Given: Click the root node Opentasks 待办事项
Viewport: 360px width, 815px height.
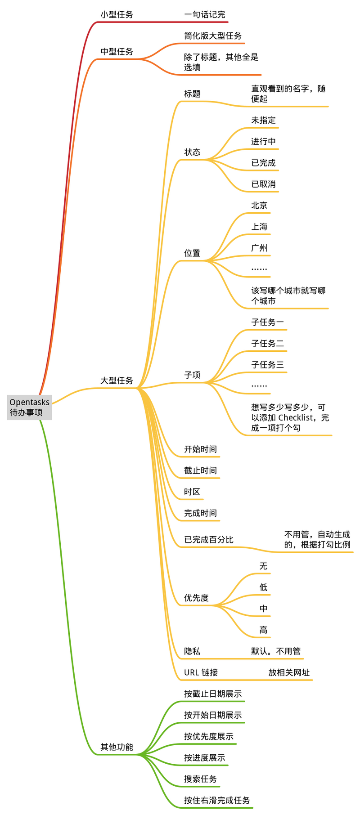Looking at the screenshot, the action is (30, 407).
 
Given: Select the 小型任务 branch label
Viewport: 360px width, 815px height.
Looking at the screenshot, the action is (117, 14).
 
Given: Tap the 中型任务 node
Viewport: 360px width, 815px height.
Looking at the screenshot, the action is (117, 52).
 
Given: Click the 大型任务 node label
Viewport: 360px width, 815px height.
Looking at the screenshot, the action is (117, 381).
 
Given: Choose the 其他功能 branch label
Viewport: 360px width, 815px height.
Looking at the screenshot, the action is (117, 747).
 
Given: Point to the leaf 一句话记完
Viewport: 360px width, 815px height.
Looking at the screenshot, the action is (205, 14).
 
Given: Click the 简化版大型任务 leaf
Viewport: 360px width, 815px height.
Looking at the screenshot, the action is (213, 36).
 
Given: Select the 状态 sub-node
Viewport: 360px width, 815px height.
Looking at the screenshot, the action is (192, 152).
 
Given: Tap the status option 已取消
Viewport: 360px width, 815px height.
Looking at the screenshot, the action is (263, 184).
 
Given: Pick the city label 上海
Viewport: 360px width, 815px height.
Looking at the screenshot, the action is (259, 227).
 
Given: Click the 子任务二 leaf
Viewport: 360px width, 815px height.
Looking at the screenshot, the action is (267, 343).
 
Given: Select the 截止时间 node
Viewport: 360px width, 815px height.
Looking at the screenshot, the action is (200, 470).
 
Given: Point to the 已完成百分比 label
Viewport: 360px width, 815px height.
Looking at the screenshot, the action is (209, 539).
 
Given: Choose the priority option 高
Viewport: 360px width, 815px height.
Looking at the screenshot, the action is (263, 630).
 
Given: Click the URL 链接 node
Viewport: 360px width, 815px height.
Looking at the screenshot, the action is (201, 672).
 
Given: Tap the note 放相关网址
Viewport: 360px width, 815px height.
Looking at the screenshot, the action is (289, 672).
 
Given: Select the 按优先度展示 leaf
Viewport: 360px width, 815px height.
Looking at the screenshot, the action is (209, 736).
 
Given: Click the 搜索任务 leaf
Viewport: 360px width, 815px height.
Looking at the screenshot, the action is (200, 779).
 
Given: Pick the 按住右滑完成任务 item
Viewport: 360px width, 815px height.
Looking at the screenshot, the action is (217, 800).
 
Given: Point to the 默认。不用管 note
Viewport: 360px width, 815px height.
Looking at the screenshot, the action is (276, 651).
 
